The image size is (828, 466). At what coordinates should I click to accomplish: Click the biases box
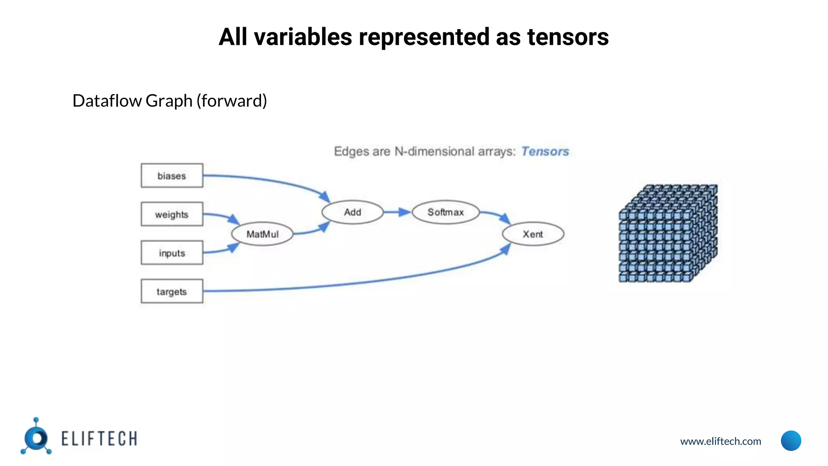[x=172, y=176]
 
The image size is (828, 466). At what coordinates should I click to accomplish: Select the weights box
[x=172, y=214]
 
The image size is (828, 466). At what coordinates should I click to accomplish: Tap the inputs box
[x=172, y=253]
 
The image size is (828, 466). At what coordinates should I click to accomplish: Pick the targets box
[x=172, y=291]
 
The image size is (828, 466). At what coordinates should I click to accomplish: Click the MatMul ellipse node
[x=262, y=234]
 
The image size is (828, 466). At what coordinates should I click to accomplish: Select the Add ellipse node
[x=353, y=212]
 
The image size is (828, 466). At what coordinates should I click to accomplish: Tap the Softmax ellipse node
[x=446, y=212]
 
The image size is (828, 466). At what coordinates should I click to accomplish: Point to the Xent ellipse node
[x=533, y=234]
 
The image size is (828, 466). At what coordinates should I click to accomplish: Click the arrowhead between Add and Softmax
[x=404, y=212]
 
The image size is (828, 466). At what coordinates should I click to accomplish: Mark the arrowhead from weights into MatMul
[x=234, y=220]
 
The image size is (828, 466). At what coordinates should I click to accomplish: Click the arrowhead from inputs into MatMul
[x=233, y=247]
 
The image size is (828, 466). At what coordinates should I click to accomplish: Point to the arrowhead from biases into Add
[x=325, y=197]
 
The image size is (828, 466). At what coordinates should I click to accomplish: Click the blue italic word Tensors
[x=545, y=151]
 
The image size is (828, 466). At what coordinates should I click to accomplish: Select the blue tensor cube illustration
[x=668, y=233]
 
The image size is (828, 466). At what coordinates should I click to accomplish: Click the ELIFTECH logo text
[x=99, y=439]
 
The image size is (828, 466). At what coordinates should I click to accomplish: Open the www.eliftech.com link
[x=720, y=441]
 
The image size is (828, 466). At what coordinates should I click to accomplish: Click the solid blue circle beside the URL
[x=791, y=441]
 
